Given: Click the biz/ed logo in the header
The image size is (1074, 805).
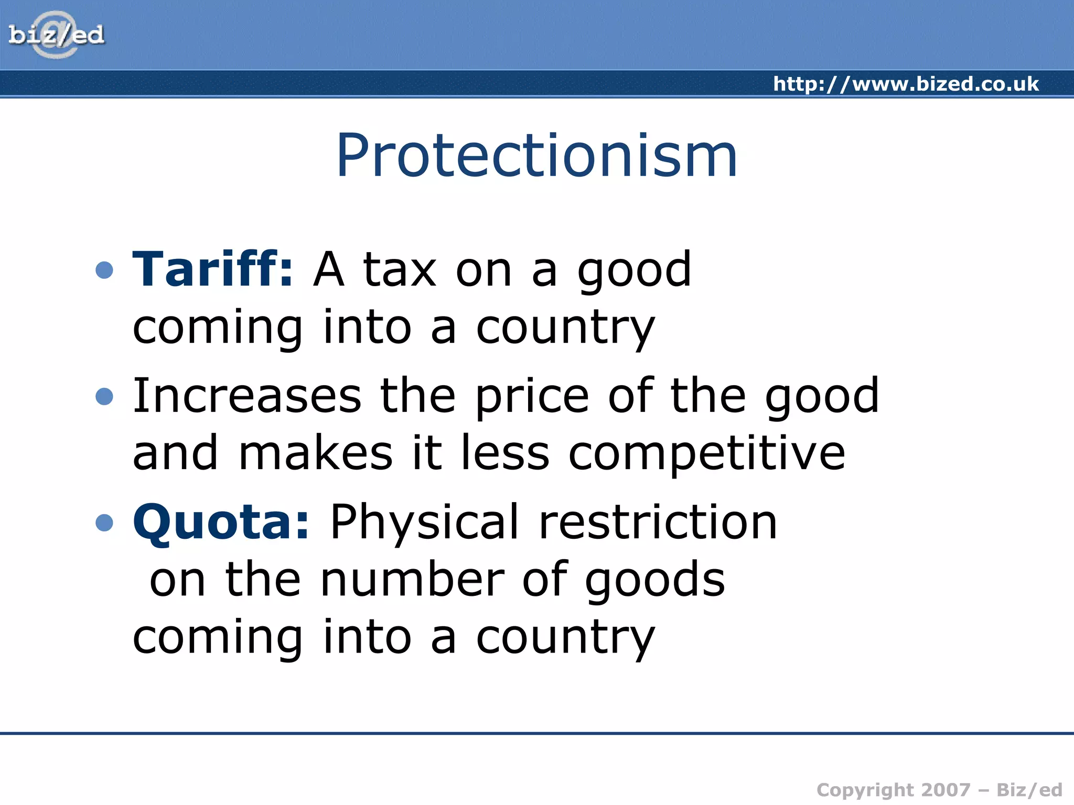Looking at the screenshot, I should pos(56,35).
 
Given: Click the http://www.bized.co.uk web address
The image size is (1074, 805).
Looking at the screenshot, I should pos(906,84).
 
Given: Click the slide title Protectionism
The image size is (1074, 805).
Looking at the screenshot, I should pos(536,156).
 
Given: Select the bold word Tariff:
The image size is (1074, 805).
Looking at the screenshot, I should pos(212,269).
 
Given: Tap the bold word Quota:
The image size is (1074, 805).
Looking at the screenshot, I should pos(221,522).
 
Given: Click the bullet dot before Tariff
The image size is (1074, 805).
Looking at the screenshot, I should pos(105,270).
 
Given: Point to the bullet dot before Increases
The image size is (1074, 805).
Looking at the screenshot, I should pos(105,396).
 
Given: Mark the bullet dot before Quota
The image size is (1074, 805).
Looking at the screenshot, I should pos(105,523).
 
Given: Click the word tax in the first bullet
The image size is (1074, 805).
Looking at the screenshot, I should pos(400,270).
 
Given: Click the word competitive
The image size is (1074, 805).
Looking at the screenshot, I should pos(706,454).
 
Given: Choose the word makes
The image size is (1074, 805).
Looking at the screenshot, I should pos(315,453).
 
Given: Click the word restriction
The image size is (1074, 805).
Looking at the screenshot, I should pos(658,523).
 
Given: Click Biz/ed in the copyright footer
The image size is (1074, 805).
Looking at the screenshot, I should pos(1029,790).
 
